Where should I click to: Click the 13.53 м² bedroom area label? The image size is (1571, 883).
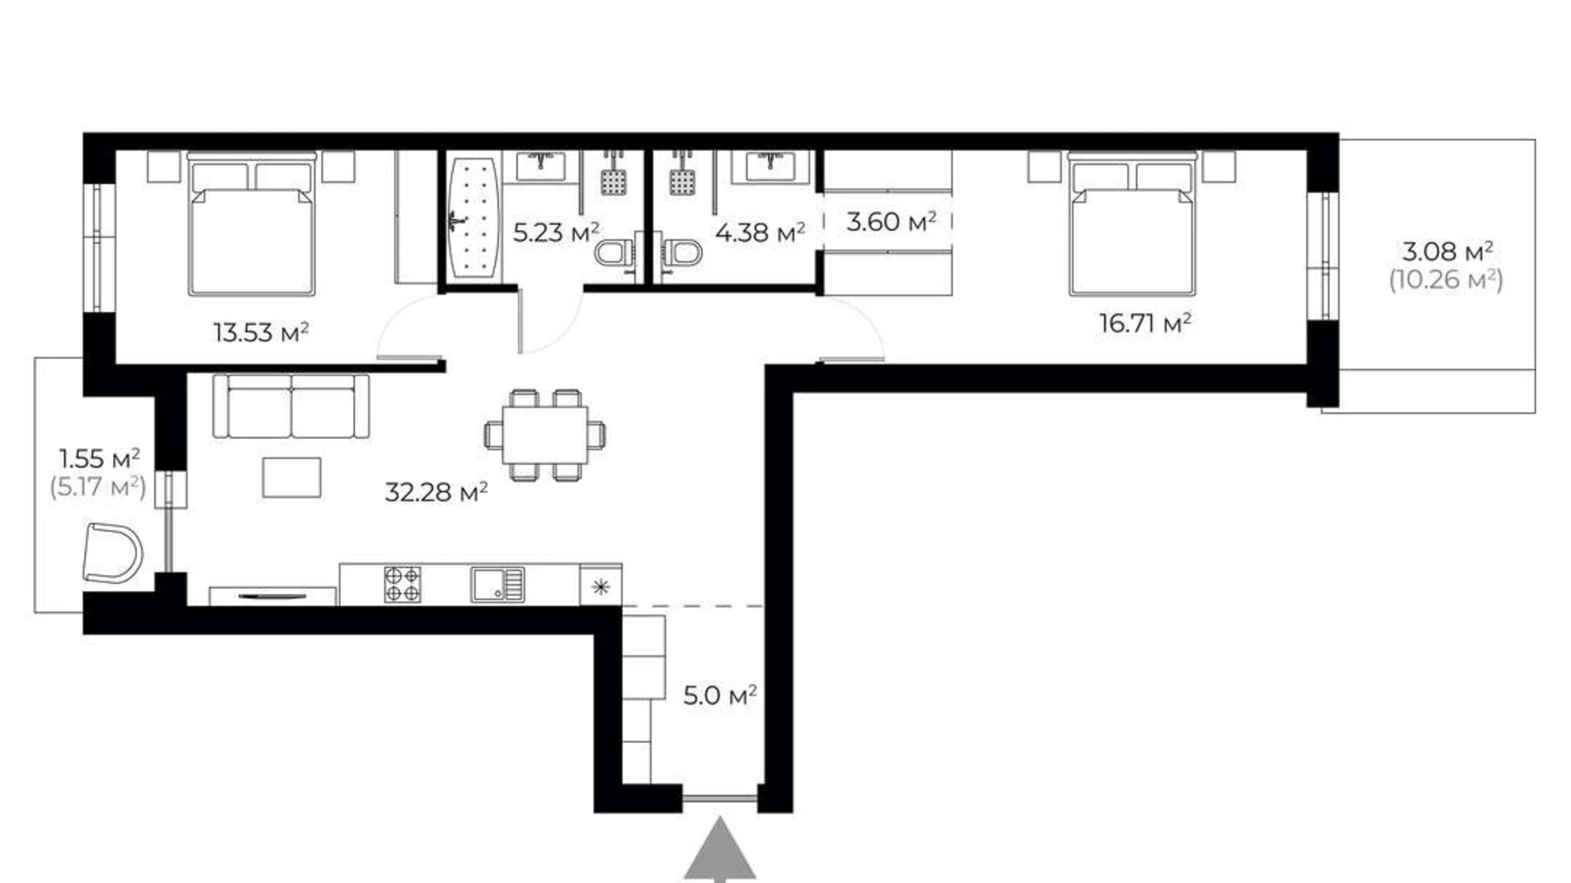[261, 331]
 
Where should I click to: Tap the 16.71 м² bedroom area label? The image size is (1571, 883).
[1145, 323]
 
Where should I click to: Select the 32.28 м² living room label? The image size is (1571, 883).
[436, 492]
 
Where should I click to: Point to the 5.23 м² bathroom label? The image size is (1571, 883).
[556, 232]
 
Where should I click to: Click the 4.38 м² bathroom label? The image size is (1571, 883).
[760, 232]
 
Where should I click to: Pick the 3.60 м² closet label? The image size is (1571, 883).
[891, 222]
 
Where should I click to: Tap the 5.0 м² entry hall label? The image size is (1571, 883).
[719, 696]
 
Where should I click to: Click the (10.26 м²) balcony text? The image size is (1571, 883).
[1445, 279]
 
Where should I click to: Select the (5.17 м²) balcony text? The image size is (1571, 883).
[98, 487]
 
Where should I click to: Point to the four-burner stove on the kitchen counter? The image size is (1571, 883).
[402, 584]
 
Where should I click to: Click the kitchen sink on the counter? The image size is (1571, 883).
[498, 584]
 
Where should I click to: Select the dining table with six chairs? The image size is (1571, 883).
[545, 435]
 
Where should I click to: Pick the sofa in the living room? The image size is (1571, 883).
[291, 406]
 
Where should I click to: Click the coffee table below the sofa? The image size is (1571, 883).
[291, 477]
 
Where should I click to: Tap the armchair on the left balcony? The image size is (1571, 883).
[112, 553]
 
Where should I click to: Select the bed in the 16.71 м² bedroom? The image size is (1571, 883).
[1132, 224]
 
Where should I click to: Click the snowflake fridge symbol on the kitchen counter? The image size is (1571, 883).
[600, 586]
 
